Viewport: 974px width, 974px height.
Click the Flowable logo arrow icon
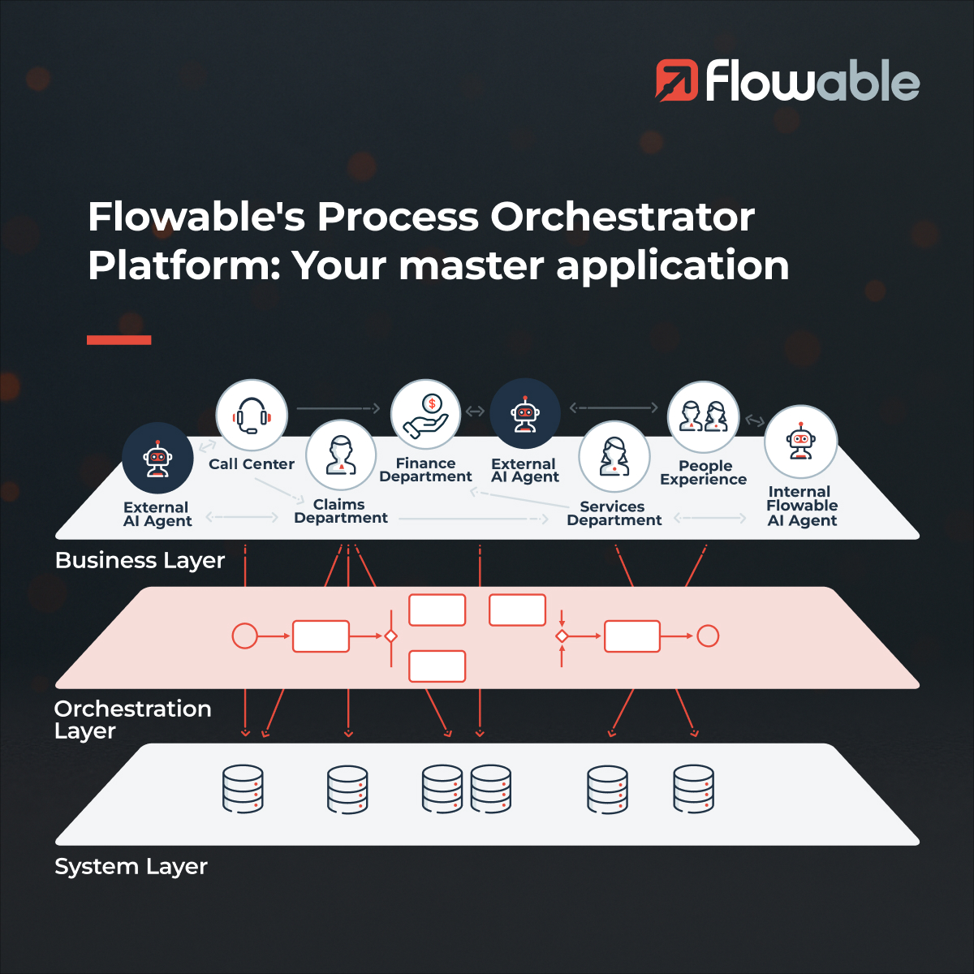pos(676,80)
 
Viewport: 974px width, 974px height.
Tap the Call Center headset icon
pos(252,415)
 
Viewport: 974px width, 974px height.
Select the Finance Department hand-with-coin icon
pos(425,414)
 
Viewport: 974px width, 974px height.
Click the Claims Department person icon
pos(341,455)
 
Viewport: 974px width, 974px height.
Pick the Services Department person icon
pos(614,456)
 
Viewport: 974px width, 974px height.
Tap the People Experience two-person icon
pos(703,416)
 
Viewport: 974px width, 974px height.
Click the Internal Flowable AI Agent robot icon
pos(800,442)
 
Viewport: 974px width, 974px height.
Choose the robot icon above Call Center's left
pos(157,458)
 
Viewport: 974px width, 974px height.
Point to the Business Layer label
pos(140,561)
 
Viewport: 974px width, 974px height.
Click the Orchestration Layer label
pos(132,719)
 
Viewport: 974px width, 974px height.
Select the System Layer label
pos(131,867)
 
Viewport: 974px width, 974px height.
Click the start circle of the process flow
pos(244,636)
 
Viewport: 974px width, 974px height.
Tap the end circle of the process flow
pos(708,636)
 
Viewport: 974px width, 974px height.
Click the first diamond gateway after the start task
pos(390,636)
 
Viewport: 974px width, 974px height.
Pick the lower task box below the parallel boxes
pos(437,666)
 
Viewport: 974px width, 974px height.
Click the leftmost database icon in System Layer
pos(243,789)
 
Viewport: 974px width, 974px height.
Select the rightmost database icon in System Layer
pos(693,789)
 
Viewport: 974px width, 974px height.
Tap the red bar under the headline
pos(119,340)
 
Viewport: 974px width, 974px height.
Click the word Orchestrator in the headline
pos(623,218)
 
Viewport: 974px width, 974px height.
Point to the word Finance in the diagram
pos(425,463)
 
